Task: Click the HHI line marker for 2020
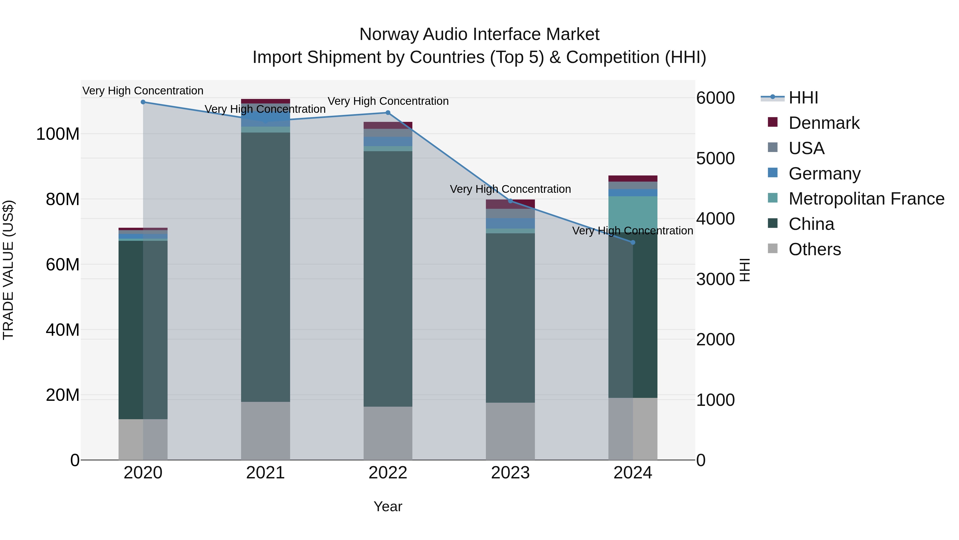point(143,102)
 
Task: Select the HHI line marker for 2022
point(388,113)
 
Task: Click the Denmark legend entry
point(823,123)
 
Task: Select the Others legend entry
point(814,249)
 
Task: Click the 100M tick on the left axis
point(58,134)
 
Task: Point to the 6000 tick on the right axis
point(715,98)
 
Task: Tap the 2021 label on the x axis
point(265,473)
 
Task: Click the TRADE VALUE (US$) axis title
point(8,270)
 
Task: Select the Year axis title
point(388,506)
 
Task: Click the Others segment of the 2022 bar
point(388,433)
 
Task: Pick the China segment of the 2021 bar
point(265,267)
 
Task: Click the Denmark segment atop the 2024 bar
point(633,178)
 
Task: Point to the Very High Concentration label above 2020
point(143,91)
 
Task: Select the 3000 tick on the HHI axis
point(715,279)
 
